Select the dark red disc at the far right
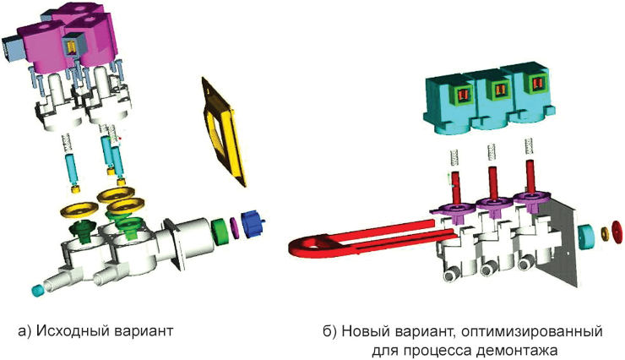(617, 232)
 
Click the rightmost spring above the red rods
(530, 149)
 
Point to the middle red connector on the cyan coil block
(498, 92)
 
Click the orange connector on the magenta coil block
(72, 46)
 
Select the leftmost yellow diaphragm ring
(79, 210)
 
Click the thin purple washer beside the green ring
(235, 227)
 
